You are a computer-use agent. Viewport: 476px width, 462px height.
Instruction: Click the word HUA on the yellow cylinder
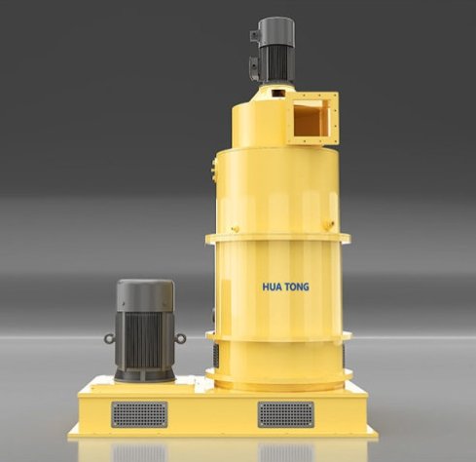coord(273,287)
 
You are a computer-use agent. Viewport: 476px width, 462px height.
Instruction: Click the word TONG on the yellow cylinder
coord(297,287)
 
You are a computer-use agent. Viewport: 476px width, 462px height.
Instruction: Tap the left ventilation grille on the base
coord(139,414)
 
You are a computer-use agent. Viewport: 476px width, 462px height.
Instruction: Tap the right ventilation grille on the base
coord(286,414)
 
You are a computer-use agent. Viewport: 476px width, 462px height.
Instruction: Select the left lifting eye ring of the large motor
coord(109,339)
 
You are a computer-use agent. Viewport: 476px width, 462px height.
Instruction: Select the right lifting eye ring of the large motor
coord(180,338)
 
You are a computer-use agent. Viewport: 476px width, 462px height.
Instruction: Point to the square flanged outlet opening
coord(312,118)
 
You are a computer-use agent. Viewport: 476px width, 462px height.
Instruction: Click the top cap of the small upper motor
coord(276,31)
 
